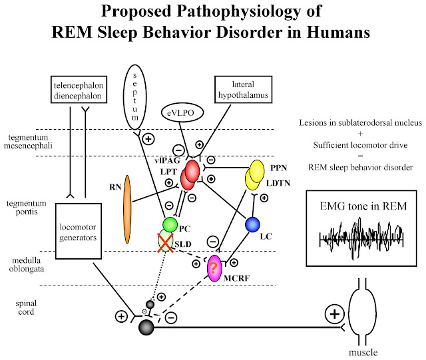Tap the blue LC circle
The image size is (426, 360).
point(253,226)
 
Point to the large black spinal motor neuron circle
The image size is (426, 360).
point(147,327)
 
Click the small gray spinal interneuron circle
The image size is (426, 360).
point(150,304)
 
